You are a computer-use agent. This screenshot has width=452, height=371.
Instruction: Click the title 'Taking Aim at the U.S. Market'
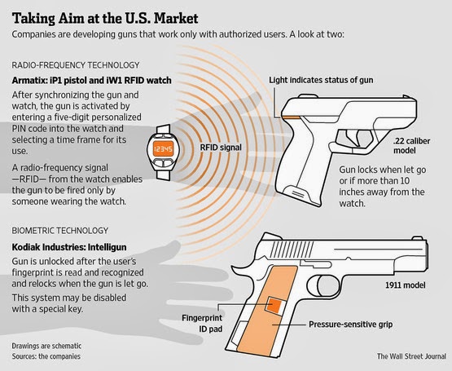click(105, 19)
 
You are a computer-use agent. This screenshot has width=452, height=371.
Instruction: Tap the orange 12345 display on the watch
click(163, 148)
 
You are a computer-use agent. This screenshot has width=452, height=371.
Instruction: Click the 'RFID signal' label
click(221, 148)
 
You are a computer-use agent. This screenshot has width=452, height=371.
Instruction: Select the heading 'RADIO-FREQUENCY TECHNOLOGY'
click(76, 65)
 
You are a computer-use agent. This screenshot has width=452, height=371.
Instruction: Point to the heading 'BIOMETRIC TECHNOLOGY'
click(60, 231)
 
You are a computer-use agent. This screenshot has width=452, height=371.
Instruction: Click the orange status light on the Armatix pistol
click(291, 117)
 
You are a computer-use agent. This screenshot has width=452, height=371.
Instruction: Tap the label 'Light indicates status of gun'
click(321, 80)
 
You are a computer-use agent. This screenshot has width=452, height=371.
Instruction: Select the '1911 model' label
click(406, 285)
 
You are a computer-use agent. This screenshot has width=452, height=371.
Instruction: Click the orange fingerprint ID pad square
click(274, 305)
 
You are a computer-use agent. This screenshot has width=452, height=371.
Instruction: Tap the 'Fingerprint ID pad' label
click(202, 323)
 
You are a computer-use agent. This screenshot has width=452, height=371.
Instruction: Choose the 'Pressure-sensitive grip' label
click(350, 325)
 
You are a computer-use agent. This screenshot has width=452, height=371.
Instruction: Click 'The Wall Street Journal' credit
click(411, 356)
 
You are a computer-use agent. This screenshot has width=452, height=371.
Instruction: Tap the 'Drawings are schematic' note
click(46, 346)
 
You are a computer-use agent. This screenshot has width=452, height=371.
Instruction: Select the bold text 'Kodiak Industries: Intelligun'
click(69, 247)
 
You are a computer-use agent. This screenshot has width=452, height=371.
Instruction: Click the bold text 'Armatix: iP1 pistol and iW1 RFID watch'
click(92, 80)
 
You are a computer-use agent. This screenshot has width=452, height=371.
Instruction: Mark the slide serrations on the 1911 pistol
click(292, 250)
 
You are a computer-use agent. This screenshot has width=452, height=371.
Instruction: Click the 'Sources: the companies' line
click(46, 356)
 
